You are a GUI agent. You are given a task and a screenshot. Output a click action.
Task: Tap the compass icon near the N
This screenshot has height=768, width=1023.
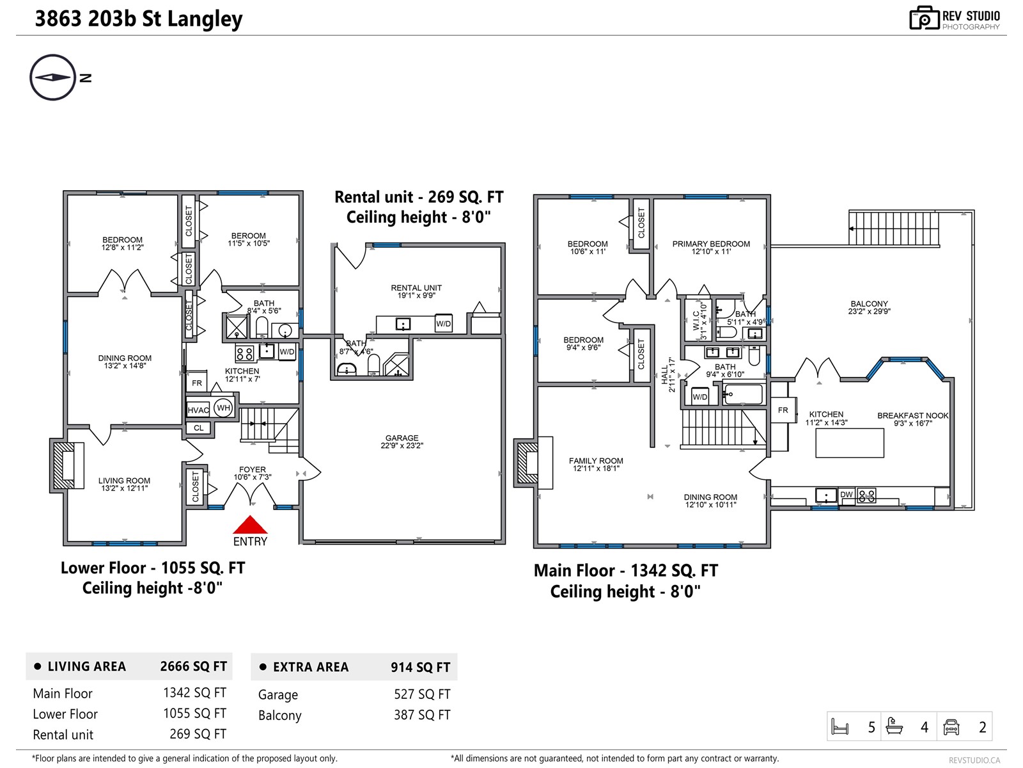[x=52, y=77]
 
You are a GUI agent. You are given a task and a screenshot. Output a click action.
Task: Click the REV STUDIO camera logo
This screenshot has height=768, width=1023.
[x=925, y=19]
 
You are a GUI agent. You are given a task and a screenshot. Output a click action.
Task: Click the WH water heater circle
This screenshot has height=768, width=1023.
[x=223, y=408]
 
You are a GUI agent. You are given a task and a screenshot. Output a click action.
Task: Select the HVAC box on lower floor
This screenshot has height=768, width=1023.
[x=198, y=410]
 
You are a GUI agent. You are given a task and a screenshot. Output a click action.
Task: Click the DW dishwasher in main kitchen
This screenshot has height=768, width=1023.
[x=847, y=495]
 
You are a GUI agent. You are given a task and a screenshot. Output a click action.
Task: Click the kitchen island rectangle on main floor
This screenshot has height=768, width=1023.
[x=849, y=443]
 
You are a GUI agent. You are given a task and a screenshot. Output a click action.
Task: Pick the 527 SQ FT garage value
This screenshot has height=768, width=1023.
[x=422, y=694]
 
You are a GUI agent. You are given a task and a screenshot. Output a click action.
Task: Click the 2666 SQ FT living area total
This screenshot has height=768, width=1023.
[x=193, y=666]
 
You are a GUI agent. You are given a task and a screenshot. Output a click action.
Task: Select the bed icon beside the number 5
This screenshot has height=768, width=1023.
[x=839, y=727]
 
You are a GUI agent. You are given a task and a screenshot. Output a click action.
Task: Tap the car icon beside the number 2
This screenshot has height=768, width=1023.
[x=951, y=727]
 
